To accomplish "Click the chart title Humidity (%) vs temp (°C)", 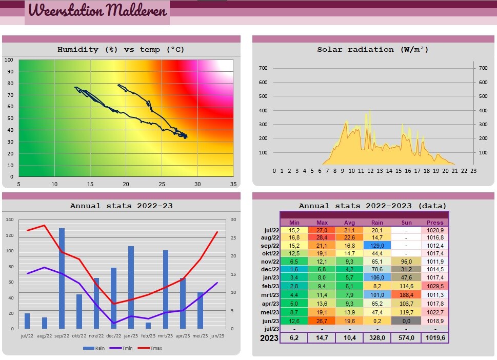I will pyautogui.click(x=121, y=50).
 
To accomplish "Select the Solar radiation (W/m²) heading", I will pyautogui.click(x=373, y=50).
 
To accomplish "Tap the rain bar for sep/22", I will pyautogui.click(x=62, y=278).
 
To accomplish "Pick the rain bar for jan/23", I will pyautogui.click(x=131, y=287).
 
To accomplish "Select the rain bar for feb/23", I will pyautogui.click(x=148, y=325).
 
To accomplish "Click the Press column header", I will pyautogui.click(x=435, y=223).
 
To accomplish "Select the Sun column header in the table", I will pyautogui.click(x=406, y=223).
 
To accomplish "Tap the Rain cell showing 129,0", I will pyautogui.click(x=377, y=246).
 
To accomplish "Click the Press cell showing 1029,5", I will pyautogui.click(x=435, y=286).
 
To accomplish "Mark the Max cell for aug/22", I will pyautogui.click(x=322, y=237).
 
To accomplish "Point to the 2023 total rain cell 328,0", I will pyautogui.click(x=377, y=338).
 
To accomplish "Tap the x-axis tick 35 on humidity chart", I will pyautogui.click(x=233, y=185).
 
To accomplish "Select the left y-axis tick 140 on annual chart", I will pyautogui.click(x=10, y=219).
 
